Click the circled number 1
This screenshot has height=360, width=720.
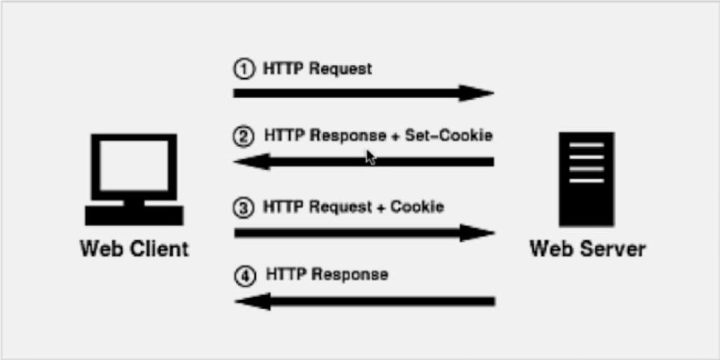tap(243, 70)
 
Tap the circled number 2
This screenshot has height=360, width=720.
tap(243, 137)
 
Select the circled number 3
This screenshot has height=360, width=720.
tap(243, 207)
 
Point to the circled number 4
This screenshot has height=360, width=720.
tap(245, 275)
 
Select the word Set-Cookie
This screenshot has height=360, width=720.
tap(448, 136)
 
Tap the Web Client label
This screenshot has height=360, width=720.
tap(135, 248)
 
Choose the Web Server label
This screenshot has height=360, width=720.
tap(588, 248)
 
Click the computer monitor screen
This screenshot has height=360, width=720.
tap(134, 162)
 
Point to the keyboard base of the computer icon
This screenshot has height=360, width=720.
tap(134, 216)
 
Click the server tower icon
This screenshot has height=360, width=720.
tap(586, 178)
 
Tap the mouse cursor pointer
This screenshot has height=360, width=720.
tap(370, 157)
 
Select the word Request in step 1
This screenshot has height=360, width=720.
tap(341, 69)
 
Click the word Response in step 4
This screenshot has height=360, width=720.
tap(350, 275)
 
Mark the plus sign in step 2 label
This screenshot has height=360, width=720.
tap(392, 137)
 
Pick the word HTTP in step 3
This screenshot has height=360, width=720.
tap(283, 207)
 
